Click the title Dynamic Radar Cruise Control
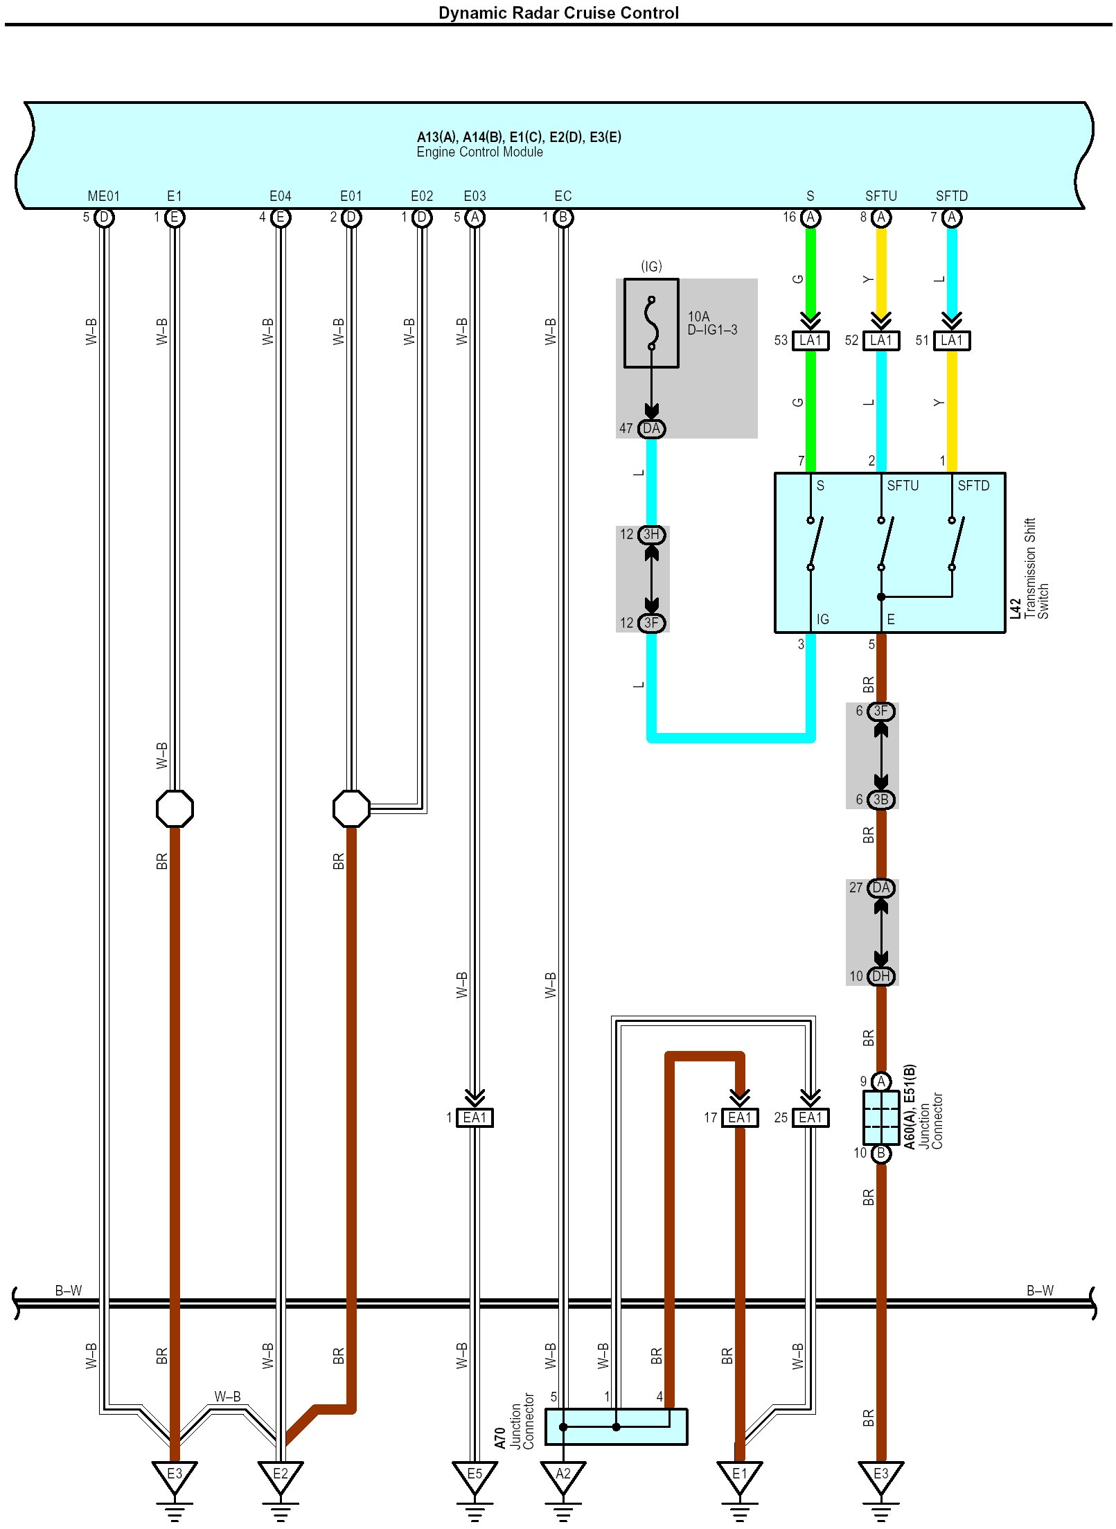558,12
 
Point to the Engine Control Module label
479,152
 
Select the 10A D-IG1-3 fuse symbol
651,323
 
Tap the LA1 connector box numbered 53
810,340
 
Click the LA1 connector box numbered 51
951,340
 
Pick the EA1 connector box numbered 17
739,1117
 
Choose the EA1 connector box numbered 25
810,1117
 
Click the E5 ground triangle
475,1476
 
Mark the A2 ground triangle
563,1476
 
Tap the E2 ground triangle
280,1476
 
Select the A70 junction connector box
616,1426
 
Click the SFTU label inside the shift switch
903,486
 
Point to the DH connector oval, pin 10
880,976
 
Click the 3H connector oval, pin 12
651,534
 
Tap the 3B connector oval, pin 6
880,799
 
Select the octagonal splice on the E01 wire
351,808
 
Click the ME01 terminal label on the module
104,196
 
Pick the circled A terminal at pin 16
810,218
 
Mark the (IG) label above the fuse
651,266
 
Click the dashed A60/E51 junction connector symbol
880,1117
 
